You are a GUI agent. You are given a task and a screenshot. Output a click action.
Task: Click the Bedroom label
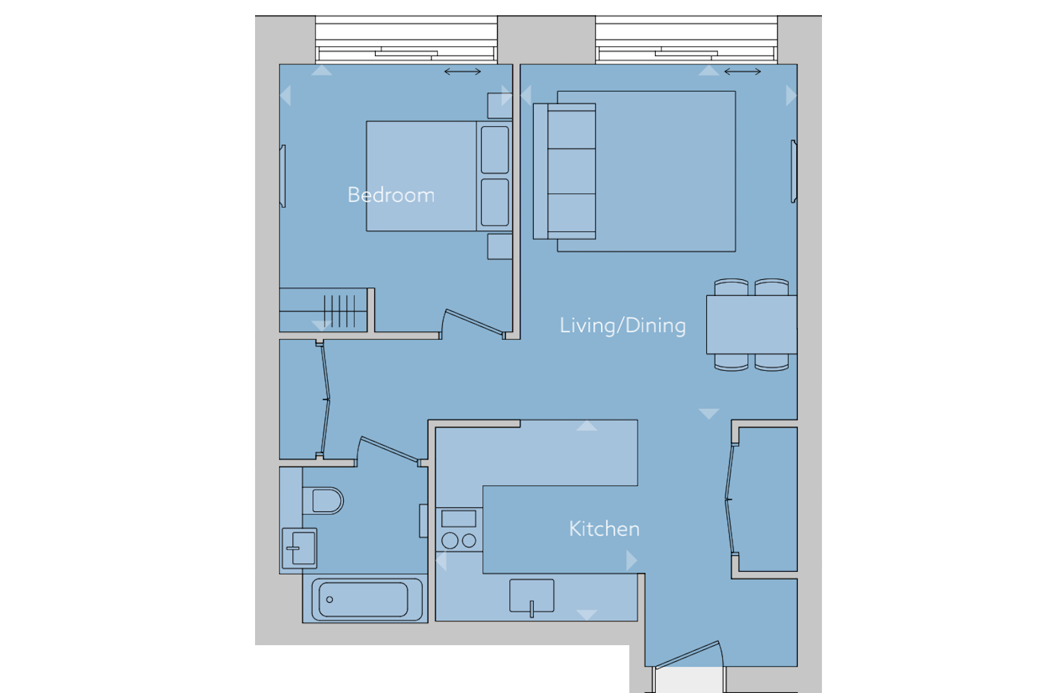click(x=391, y=195)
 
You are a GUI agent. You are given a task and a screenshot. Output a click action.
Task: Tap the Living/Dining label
click(x=622, y=325)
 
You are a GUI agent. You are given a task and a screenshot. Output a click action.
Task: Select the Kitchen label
click(x=604, y=529)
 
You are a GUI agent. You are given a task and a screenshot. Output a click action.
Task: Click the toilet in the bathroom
click(x=323, y=500)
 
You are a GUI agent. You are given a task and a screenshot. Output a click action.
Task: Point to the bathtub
click(x=365, y=599)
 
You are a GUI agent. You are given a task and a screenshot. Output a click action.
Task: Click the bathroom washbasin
click(x=299, y=548)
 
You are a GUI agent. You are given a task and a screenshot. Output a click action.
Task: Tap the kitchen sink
click(x=532, y=596)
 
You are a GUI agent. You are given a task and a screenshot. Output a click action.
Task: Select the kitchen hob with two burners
click(x=459, y=530)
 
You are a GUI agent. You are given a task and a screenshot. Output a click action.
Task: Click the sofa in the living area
click(x=565, y=171)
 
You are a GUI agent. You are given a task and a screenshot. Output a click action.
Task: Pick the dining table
click(x=751, y=324)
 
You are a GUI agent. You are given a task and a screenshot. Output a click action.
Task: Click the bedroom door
click(x=473, y=322)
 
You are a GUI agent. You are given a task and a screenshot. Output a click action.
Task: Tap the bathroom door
click(x=389, y=449)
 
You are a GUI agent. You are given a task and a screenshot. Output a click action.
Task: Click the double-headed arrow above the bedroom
click(x=462, y=71)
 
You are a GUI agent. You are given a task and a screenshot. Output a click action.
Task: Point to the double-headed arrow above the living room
click(x=743, y=71)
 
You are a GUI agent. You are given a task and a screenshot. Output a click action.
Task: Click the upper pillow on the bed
click(x=495, y=150)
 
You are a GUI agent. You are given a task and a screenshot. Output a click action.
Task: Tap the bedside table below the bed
click(x=500, y=246)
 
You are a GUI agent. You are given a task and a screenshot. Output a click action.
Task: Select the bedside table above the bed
click(x=500, y=105)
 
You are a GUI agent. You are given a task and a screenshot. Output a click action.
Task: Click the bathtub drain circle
click(x=329, y=599)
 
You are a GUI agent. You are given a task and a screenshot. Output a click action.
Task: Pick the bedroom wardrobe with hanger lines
click(x=324, y=310)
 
